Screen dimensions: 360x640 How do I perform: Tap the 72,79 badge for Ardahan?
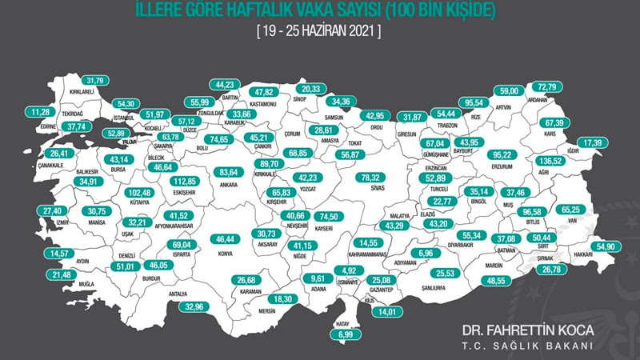pyautogui.click(x=548, y=86)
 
